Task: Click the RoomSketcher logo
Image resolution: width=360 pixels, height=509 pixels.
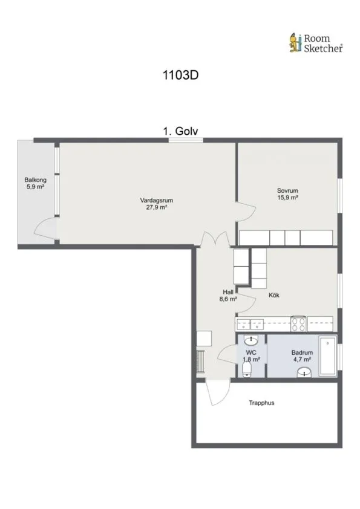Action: coord(316,43)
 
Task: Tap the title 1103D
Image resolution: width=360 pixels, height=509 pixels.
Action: coord(180,76)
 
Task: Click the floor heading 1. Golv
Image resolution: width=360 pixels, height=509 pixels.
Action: coord(180,131)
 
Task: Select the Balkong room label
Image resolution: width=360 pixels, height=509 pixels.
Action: coord(36,183)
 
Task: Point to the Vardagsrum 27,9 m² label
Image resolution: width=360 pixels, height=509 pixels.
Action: coord(157,204)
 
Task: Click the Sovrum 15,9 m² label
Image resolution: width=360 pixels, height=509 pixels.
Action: coord(287,194)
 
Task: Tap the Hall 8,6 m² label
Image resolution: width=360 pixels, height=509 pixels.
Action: coord(228,296)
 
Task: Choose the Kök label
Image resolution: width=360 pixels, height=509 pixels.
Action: coord(274,295)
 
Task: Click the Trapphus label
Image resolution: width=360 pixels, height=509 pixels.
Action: coord(261,403)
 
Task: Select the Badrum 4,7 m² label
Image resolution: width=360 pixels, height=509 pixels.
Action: coord(302,356)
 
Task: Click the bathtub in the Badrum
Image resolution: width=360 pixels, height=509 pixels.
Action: coord(327,356)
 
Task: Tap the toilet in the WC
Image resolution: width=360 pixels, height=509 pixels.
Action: coord(247,370)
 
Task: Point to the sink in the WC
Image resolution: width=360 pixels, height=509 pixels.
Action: coord(251,340)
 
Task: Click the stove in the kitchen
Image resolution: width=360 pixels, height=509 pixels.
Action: coord(298,323)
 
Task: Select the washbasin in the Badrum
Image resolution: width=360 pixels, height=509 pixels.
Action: coord(304,372)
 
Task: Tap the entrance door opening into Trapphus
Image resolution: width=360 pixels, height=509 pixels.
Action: coord(217,392)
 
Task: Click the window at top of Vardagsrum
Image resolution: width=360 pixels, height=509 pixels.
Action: coord(186,140)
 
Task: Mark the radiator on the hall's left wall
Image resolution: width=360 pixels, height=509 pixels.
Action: coord(200,361)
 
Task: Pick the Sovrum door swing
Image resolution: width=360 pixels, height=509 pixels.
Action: coord(246,212)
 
